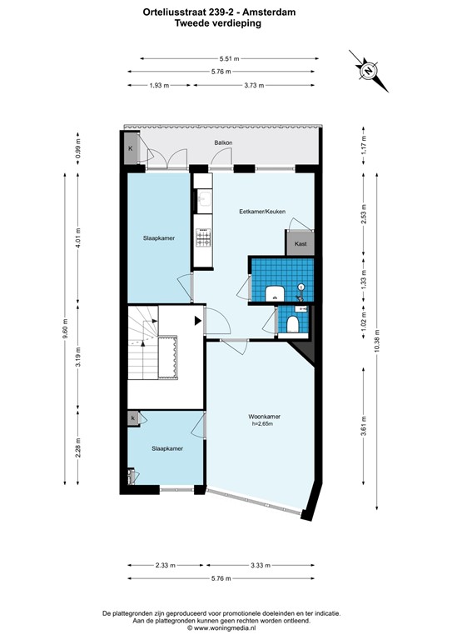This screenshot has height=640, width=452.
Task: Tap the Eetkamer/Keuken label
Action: [x=262, y=212]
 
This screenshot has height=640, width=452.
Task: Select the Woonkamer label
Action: [x=264, y=417]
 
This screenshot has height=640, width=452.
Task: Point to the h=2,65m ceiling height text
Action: [x=264, y=425]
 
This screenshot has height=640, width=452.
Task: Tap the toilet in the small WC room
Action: [x=292, y=322]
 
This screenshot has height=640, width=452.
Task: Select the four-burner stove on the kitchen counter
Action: [x=201, y=239]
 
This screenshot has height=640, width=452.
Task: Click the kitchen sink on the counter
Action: [x=201, y=199]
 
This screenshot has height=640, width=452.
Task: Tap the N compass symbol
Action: [x=367, y=72]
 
